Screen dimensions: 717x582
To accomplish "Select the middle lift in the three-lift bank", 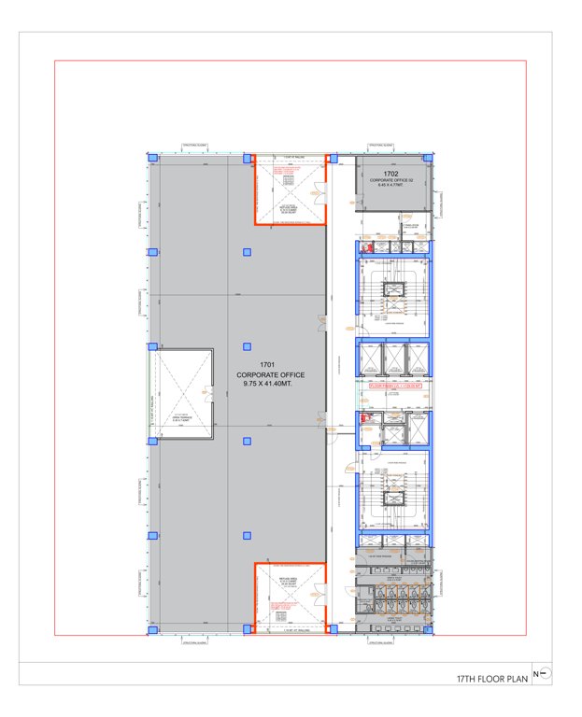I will click(393, 358).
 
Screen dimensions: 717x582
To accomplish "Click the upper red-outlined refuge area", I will click(290, 191).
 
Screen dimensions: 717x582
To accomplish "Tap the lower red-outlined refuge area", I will click(290, 597).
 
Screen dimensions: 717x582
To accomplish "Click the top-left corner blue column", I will click(151, 158).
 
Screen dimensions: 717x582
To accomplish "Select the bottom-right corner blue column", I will click(429, 630).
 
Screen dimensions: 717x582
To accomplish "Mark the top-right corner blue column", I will click(429, 158).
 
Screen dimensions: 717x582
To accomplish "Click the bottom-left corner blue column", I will click(151, 630).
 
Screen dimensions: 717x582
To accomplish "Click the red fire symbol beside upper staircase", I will click(369, 247).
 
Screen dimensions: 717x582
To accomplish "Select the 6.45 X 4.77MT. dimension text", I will click(390, 185).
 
